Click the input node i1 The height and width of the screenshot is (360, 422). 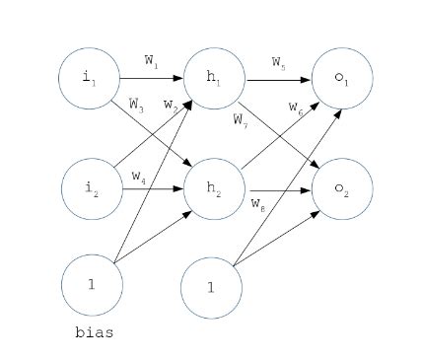pos(89,77)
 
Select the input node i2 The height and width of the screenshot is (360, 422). pos(92,187)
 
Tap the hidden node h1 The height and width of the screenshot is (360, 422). pos(214,77)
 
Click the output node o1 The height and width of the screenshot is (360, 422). pos(342,78)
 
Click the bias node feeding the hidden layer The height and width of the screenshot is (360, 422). pos(92,283)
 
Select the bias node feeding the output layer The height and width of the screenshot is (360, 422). pos(211,287)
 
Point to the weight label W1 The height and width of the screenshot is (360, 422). pos(151,60)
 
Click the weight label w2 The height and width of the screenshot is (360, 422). pos(170,104)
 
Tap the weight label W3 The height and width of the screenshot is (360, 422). pos(137,102)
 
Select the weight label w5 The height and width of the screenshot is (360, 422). pos(280,61)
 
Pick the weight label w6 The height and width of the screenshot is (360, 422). pos(295,106)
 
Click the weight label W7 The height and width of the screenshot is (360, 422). pos(241,119)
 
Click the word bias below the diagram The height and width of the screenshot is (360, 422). pos(94,332)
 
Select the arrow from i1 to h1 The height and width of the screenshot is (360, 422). pos(151,77)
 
